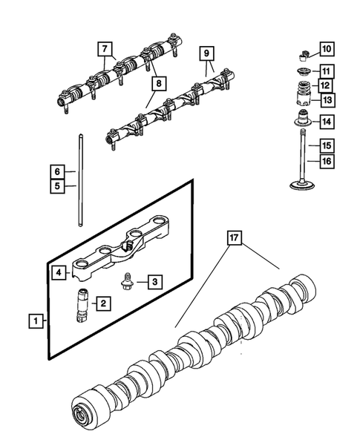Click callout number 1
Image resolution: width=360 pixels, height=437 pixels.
34,321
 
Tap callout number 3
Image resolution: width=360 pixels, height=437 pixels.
154,281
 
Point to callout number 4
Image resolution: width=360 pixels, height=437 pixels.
57,272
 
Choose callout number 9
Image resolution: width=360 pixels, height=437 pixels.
207,53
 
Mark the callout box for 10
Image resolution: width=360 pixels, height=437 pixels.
327,50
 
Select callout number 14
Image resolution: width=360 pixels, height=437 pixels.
327,120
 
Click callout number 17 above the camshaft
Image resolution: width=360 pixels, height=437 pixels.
235,239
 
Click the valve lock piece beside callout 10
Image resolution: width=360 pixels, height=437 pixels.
303,53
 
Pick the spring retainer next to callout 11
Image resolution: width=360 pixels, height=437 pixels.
303,72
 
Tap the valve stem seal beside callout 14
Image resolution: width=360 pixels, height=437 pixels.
303,119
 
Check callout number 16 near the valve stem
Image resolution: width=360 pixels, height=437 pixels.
327,160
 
